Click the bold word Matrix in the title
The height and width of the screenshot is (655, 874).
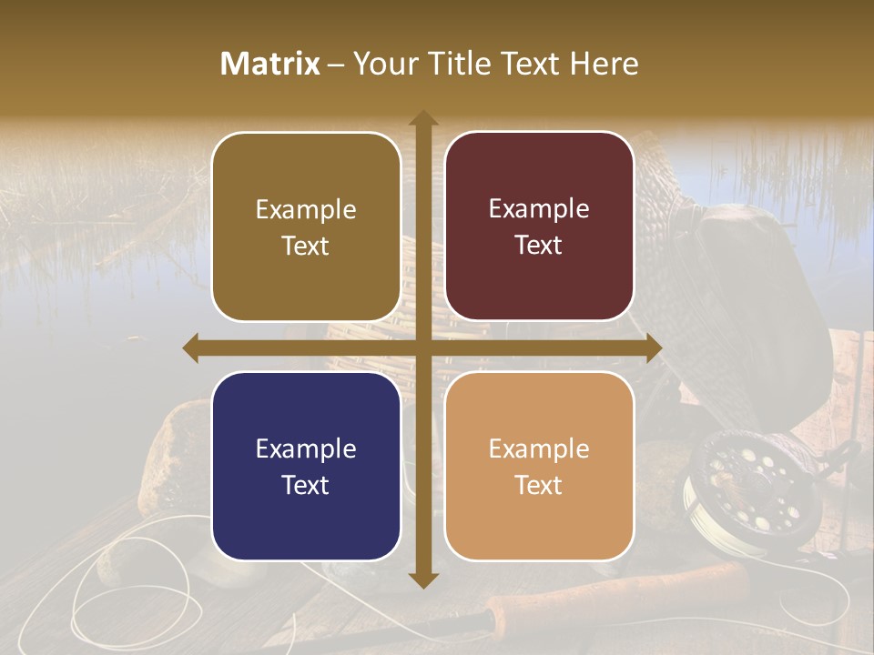click(270, 64)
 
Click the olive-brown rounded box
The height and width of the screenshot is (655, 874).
click(306, 227)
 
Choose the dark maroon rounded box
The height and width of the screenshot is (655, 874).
click(539, 227)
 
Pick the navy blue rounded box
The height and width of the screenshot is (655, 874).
click(306, 466)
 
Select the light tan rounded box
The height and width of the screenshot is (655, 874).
click(539, 466)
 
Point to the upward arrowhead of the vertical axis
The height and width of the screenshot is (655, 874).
click(422, 118)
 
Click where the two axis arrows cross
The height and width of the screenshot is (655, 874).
click(422, 348)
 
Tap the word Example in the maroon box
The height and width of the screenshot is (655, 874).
click(539, 209)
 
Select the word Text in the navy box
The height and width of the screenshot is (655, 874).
click(306, 485)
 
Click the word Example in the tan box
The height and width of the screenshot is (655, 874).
click(539, 448)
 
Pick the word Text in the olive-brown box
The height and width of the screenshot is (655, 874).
click(306, 246)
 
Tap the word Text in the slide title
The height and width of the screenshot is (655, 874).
click(528, 64)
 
